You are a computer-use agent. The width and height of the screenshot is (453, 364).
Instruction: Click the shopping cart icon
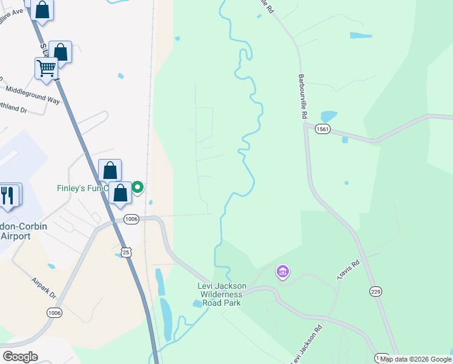point(47,68)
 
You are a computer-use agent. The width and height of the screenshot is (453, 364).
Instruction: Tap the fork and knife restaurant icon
point(7,195)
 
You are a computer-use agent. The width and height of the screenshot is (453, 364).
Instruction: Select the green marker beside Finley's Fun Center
point(137,187)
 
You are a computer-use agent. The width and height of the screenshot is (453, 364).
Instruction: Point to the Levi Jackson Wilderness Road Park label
point(219,294)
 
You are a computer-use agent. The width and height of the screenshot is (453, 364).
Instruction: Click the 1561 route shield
point(323,129)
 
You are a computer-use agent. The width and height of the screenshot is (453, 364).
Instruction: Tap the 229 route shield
point(375,292)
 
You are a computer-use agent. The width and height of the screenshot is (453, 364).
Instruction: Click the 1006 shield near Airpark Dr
point(54,312)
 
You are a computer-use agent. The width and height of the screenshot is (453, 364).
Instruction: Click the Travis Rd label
point(348,271)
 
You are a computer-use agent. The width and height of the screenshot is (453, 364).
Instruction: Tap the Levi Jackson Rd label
point(305,345)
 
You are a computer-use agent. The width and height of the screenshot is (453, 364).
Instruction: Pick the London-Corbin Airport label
point(15,231)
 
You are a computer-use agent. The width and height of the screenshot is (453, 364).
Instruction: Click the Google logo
point(20,357)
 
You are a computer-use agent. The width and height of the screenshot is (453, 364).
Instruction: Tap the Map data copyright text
point(415,359)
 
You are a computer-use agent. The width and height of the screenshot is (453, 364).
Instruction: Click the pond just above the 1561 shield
point(328,115)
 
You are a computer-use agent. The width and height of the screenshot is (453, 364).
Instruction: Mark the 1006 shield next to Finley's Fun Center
point(131,219)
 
